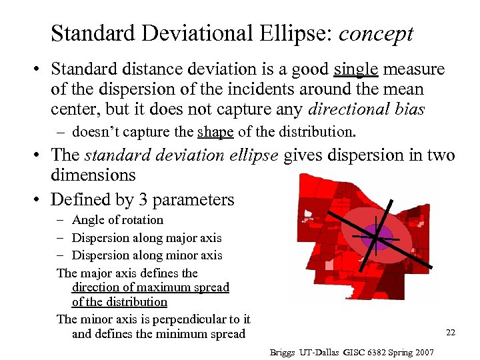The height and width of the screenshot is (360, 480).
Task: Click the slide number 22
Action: click(450, 332)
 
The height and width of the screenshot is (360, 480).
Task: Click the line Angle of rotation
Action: click(117, 220)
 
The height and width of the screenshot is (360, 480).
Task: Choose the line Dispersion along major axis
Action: click(147, 238)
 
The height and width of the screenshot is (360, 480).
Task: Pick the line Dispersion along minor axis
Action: click(147, 255)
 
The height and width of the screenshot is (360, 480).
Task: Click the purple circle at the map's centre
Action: click(376, 237)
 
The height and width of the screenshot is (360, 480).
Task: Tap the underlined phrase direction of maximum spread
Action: click(150, 287)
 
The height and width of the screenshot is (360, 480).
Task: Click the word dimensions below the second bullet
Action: click(93, 176)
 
